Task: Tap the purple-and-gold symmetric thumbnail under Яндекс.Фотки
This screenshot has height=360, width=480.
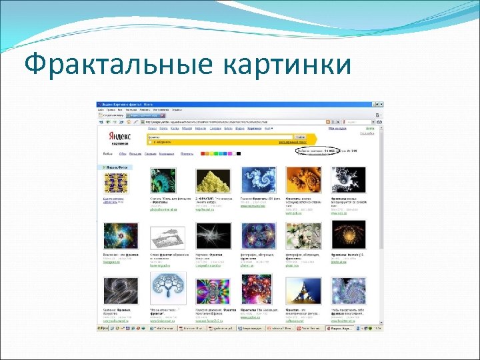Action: (x=116, y=183)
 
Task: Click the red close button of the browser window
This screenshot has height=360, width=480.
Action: (x=381, y=105)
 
